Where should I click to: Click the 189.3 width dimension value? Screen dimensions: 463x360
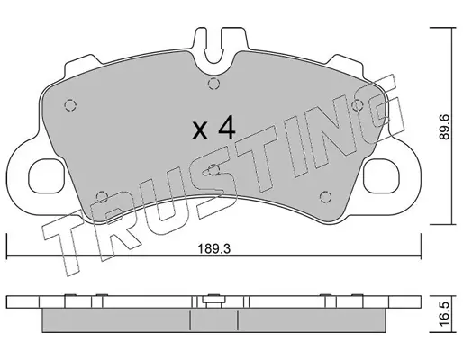(x=214, y=249)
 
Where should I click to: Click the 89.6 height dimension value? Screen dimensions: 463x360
(x=444, y=127)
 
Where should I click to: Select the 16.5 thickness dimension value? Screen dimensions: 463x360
(x=445, y=313)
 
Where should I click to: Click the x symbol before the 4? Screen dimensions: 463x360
(x=200, y=131)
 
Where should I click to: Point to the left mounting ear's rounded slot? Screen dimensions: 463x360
(x=46, y=176)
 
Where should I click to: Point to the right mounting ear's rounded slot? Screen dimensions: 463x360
(x=381, y=176)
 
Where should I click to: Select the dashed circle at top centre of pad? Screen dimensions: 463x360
(x=213, y=84)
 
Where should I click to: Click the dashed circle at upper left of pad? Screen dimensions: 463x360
(x=70, y=105)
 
